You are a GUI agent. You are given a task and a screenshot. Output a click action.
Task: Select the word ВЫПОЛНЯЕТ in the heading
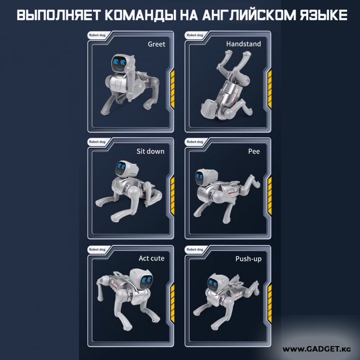click(x=59, y=15)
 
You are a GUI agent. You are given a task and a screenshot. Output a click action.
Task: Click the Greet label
click(x=156, y=44)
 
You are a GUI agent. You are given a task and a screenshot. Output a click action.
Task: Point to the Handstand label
click(x=243, y=44)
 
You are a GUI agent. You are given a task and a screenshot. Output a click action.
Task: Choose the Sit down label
click(x=150, y=151)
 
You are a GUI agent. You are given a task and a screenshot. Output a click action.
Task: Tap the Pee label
click(x=254, y=151)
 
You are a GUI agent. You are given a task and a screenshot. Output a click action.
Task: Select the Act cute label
click(x=151, y=258)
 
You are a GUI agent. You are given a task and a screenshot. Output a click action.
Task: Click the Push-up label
click(x=249, y=259)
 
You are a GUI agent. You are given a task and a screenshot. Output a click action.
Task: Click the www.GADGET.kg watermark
click(x=317, y=349)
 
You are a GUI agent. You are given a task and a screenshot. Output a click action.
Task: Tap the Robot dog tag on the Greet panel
click(x=97, y=35)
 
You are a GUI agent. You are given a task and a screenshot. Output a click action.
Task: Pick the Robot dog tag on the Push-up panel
click(x=195, y=249)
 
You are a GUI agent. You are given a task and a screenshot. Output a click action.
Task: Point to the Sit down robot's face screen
click(x=121, y=168)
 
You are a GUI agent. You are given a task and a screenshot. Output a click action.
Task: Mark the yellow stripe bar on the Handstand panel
click(x=269, y=89)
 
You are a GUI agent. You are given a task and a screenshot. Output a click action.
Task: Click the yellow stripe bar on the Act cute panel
click(x=173, y=303)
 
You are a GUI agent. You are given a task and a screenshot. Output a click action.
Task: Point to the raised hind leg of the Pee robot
click(x=250, y=183)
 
